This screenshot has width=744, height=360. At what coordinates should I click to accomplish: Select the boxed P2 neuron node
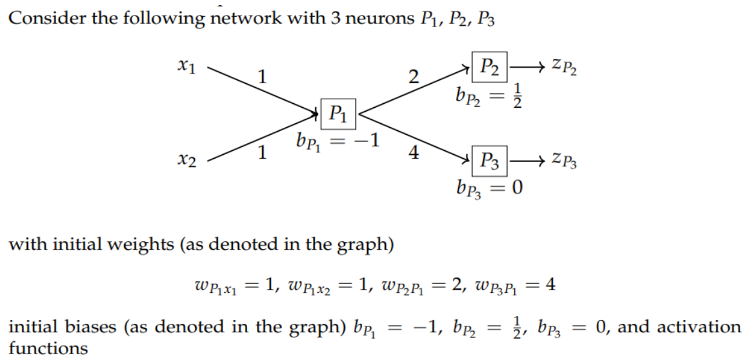[491, 66]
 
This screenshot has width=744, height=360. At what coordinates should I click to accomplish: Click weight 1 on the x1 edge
[261, 77]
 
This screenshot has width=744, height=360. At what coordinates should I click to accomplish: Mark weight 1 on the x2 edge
[261, 154]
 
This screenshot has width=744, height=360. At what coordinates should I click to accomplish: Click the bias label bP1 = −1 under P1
[335, 142]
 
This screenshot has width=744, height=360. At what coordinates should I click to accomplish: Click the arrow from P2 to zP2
[527, 66]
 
